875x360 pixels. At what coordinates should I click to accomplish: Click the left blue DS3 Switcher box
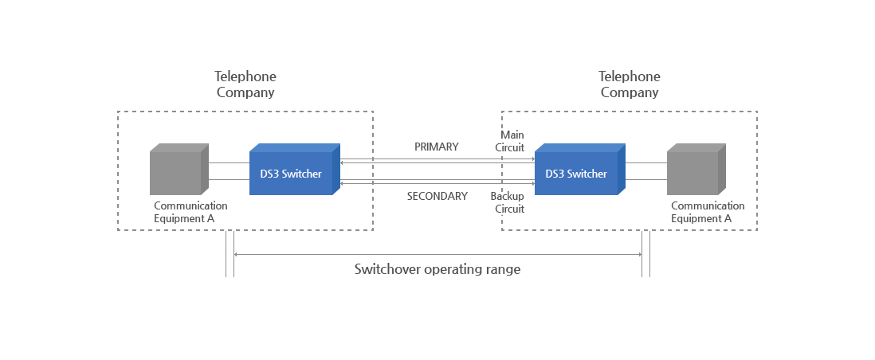[295, 169]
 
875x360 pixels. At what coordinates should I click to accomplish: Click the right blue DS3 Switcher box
[580, 169]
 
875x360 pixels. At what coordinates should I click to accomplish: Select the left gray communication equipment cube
[179, 169]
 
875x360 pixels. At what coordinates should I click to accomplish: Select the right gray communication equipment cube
[696, 169]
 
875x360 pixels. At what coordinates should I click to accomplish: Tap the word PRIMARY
[437, 147]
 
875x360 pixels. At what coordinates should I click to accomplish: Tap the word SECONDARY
[437, 197]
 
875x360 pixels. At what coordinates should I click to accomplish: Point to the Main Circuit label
[512, 141]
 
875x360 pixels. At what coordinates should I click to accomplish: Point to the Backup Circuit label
[508, 202]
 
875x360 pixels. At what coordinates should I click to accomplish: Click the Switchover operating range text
[437, 269]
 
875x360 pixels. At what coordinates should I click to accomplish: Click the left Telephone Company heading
[245, 84]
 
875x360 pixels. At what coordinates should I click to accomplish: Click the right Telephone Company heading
[630, 84]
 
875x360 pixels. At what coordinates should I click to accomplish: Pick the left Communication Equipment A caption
[190, 212]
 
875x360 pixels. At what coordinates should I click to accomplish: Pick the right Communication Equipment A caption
[708, 212]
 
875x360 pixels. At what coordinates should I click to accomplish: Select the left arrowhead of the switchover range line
[236, 255]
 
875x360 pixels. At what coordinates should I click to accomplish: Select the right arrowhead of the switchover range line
[639, 255]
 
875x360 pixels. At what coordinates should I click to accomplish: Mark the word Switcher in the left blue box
[302, 174]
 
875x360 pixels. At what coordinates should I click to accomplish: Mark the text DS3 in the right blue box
[555, 174]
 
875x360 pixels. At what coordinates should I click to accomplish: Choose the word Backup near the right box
[508, 197]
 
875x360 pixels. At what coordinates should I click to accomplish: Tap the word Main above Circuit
[512, 135]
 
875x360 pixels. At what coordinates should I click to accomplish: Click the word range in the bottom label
[503, 271]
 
